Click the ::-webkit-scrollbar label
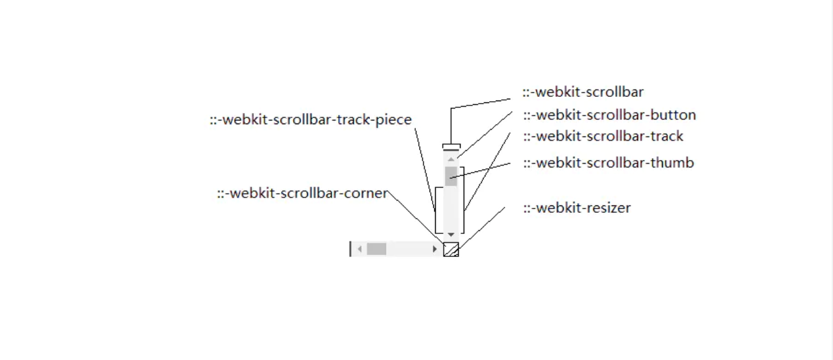pyautogui.click(x=583, y=92)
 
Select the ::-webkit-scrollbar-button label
pyautogui.click(x=609, y=115)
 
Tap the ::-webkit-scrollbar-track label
pyautogui.click(x=603, y=137)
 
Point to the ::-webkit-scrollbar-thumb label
pyautogui.click(x=608, y=163)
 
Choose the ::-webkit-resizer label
pyautogui.click(x=577, y=209)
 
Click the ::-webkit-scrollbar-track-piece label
pyautogui.click(x=310, y=120)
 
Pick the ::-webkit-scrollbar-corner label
pyautogui.click(x=302, y=194)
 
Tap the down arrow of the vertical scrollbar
pyautogui.click(x=451, y=235)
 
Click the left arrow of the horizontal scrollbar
pyautogui.click(x=360, y=250)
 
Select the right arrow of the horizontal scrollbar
pyautogui.click(x=435, y=250)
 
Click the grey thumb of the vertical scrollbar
pyautogui.click(x=451, y=176)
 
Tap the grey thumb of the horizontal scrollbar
pyautogui.click(x=377, y=250)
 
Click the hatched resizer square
pyautogui.click(x=451, y=250)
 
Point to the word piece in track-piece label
pyautogui.click(x=394, y=120)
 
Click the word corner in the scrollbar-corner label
pyautogui.click(x=368, y=194)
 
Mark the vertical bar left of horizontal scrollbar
pyautogui.click(x=351, y=249)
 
